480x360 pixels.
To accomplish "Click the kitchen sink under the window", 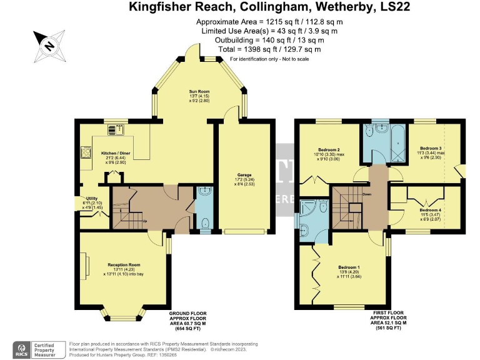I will click(116, 129).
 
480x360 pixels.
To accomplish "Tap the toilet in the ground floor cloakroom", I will click(205, 221).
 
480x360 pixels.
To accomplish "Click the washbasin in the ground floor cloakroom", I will click(204, 193).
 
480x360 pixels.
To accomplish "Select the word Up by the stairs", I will click(146, 221).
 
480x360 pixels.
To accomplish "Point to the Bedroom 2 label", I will click(329, 150).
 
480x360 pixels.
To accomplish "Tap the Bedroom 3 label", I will click(431, 147).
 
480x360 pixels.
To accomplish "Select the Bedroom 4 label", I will click(430, 210).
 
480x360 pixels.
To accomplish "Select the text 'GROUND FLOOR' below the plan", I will click(188, 313).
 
